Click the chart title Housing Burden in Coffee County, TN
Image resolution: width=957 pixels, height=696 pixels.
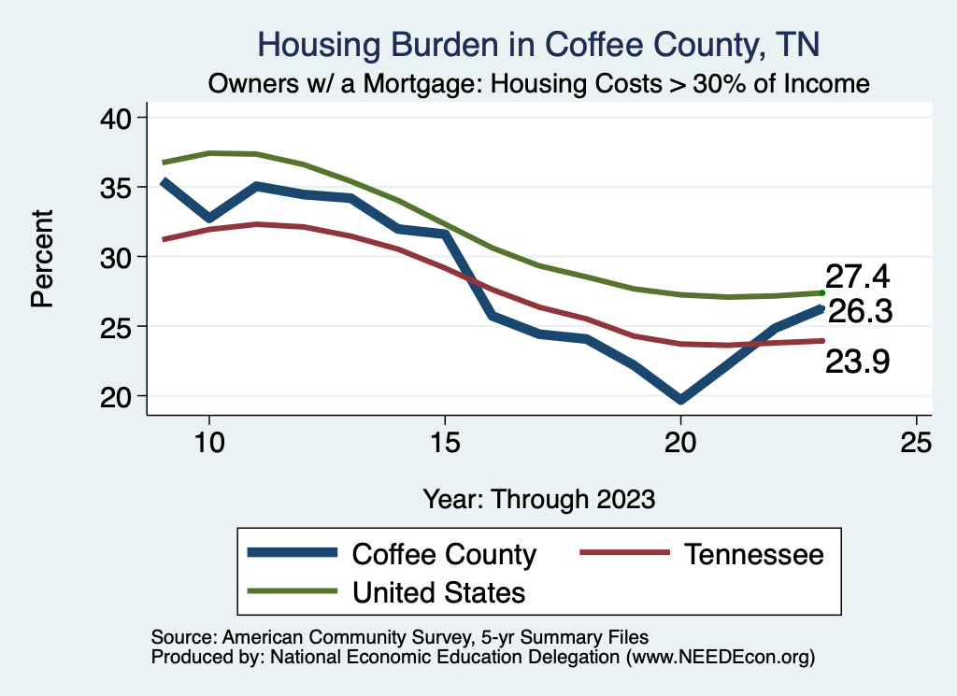(538, 44)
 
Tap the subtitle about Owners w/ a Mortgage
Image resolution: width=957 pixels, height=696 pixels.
(538, 83)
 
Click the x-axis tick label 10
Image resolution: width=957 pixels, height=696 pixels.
(208, 443)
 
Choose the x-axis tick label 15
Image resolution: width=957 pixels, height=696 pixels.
(445, 443)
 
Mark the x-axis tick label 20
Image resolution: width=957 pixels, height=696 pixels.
(680, 443)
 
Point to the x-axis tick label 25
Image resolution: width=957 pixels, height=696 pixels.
(917, 443)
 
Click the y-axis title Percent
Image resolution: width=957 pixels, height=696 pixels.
(42, 257)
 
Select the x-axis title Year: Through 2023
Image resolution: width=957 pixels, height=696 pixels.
(538, 498)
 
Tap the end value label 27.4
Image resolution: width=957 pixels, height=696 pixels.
(857, 277)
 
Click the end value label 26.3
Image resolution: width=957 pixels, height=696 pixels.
(860, 312)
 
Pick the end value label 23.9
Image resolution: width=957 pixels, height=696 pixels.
(857, 362)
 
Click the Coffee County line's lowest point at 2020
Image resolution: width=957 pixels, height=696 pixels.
(680, 400)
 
